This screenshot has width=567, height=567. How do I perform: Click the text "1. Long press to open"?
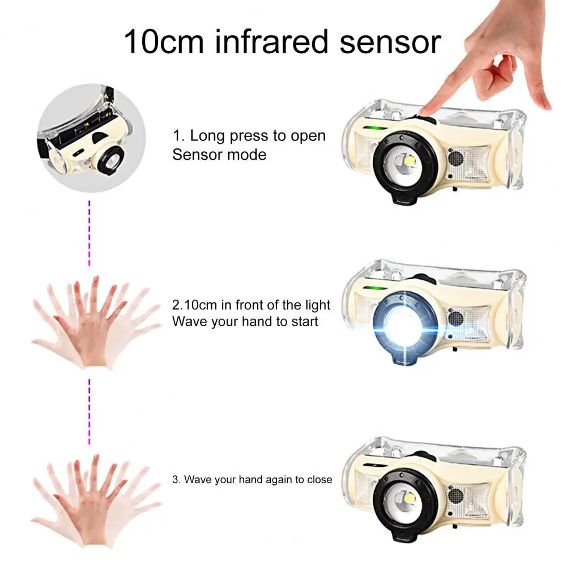pos(249,136)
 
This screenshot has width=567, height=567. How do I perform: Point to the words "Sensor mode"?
pos(219,155)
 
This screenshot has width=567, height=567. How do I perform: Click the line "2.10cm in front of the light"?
pos(251,305)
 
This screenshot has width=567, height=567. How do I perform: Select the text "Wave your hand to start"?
pos(245,322)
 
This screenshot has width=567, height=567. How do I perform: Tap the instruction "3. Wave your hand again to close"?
pos(252,480)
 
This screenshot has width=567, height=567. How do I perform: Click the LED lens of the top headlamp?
pos(404,164)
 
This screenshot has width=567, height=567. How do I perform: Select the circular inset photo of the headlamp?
pos(92,138)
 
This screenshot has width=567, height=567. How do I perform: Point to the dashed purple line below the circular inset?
pos(89,233)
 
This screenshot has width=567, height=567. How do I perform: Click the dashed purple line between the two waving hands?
pos(89,412)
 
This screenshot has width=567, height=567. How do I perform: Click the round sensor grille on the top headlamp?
pos(455,158)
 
